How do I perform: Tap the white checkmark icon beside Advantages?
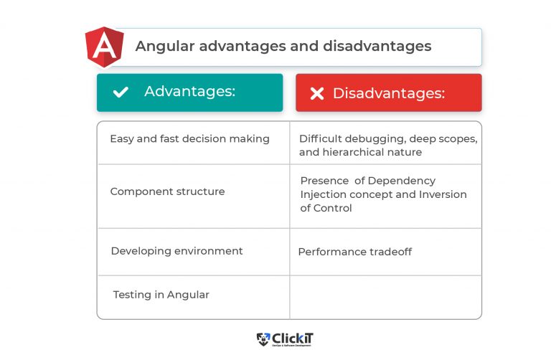click(121, 92)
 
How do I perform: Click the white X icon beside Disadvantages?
click(317, 93)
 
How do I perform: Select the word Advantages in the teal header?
click(189, 92)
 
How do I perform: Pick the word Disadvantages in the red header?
click(388, 93)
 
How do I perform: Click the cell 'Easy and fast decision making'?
click(189, 138)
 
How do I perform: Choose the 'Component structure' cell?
click(167, 191)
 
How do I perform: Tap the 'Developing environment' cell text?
click(176, 251)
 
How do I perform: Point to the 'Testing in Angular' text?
click(161, 295)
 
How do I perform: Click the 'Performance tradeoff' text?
click(354, 252)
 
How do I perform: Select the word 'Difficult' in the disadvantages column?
click(321, 138)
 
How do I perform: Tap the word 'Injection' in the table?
click(323, 194)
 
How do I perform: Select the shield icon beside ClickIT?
click(263, 338)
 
